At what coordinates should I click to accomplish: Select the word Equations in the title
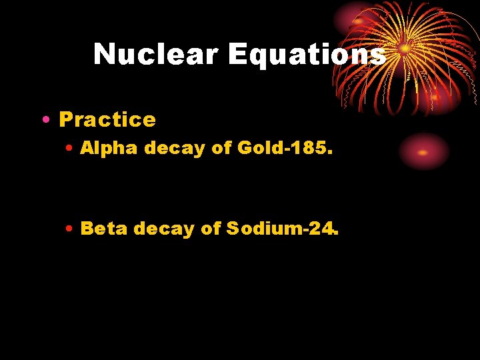coord(307,54)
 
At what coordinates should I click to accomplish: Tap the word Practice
coord(107,119)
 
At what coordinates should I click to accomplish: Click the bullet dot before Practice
coord(44,120)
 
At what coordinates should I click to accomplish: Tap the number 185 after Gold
coord(311,148)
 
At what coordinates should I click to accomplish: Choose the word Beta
coord(105,229)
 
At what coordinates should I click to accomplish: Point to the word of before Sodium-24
coord(211,229)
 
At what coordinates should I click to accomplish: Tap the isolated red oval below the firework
coord(423,152)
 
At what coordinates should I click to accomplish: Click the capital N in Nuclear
coord(105,54)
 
